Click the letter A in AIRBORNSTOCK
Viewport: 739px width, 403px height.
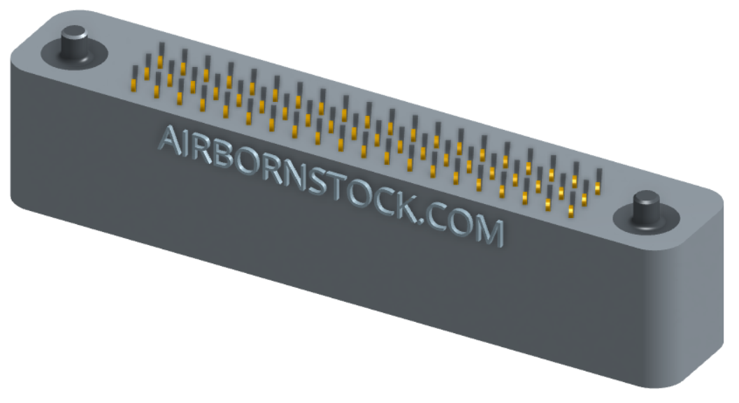[x=170, y=140]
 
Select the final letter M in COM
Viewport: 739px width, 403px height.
[x=489, y=232]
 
